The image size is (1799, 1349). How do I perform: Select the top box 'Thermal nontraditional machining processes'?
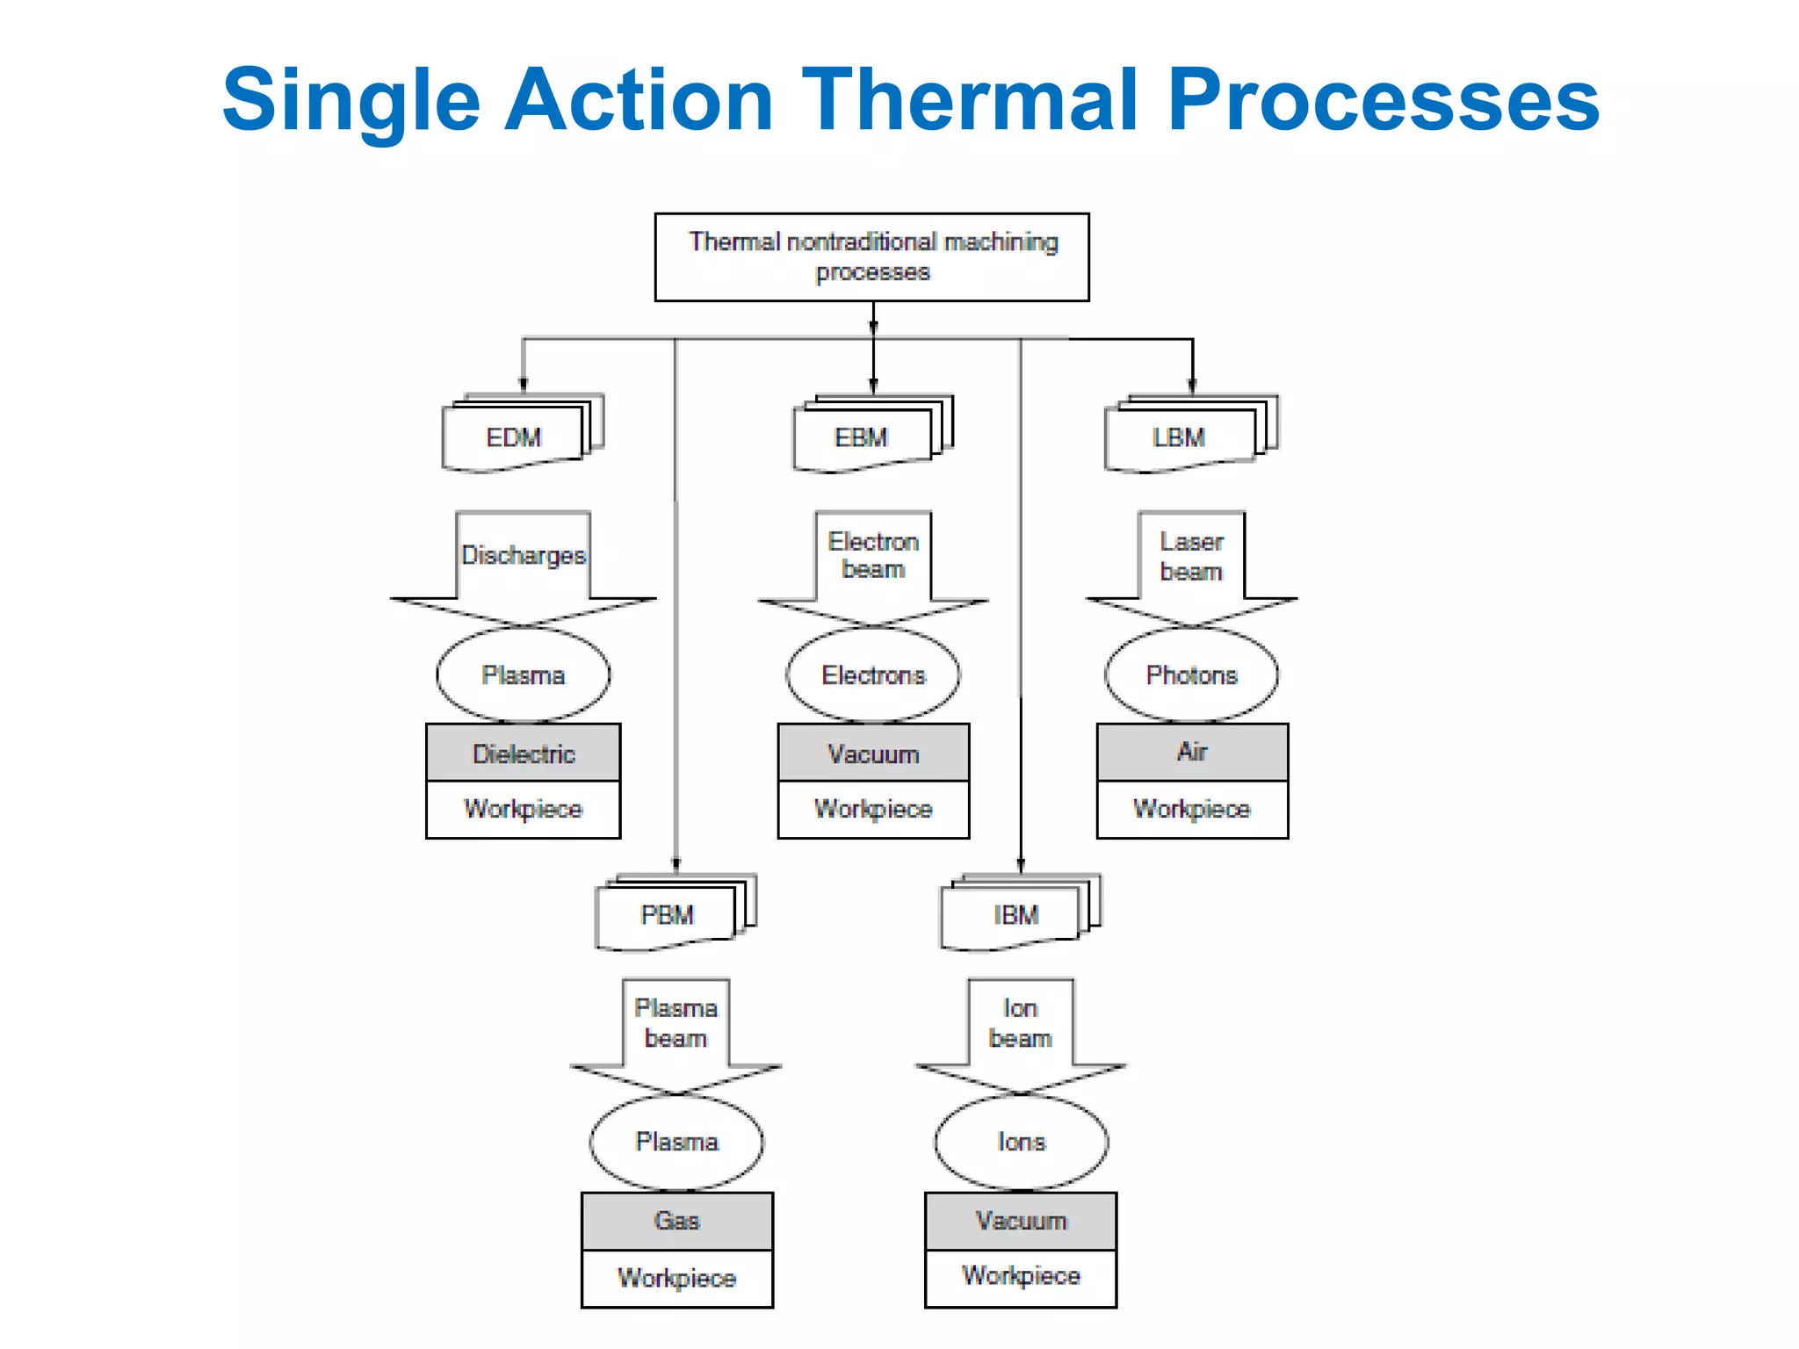[x=871, y=256]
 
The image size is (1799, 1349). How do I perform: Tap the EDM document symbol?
[x=514, y=437]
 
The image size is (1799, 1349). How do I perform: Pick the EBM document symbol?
[x=862, y=437]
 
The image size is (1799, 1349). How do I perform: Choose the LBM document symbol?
[x=1179, y=437]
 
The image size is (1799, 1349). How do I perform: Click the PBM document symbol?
[x=667, y=915]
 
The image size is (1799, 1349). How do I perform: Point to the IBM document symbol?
[x=1016, y=915]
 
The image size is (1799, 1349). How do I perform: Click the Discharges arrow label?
[x=524, y=556]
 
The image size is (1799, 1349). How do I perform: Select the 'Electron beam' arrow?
[x=873, y=556]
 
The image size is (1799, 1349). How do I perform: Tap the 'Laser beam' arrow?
[x=1191, y=557]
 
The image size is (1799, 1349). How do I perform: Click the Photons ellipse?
[x=1191, y=675]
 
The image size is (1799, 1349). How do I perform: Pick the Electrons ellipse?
[x=873, y=675]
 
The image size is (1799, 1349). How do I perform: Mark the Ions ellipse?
[x=1021, y=1142]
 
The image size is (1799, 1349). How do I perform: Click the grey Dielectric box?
[x=524, y=754]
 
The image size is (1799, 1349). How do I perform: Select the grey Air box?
[x=1192, y=753]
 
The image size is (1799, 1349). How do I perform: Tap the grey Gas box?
[x=676, y=1221]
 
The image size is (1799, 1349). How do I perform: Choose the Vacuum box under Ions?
[x=1021, y=1221]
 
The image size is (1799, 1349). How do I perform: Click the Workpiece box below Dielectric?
[x=524, y=809]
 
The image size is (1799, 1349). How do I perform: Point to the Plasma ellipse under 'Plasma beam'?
[x=676, y=1142]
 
